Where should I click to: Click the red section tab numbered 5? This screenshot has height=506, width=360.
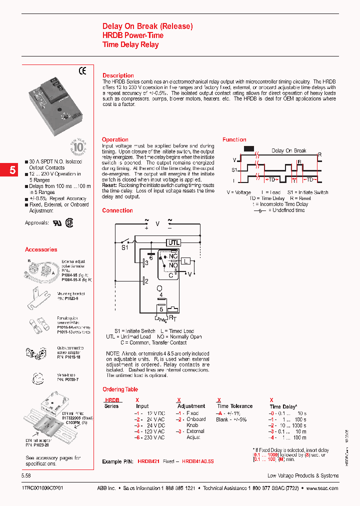tap(12, 170)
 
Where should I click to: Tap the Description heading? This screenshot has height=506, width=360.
tap(118, 75)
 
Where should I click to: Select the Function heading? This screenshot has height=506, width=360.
tap(234, 139)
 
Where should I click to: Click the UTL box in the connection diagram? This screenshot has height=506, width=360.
tap(173, 242)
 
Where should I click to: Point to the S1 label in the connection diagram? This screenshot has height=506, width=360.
tap(125, 247)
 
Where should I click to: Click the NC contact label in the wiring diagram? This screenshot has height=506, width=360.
tap(173, 256)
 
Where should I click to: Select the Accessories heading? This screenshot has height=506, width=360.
tap(41, 249)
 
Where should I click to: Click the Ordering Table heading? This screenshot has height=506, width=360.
tap(120, 389)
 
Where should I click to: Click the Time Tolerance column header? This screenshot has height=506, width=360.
tap(234, 406)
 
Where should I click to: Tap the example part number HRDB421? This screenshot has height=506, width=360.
tap(148, 461)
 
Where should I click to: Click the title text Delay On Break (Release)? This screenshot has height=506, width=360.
tap(147, 26)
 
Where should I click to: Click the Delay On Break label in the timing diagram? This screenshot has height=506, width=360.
tap(288, 150)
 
